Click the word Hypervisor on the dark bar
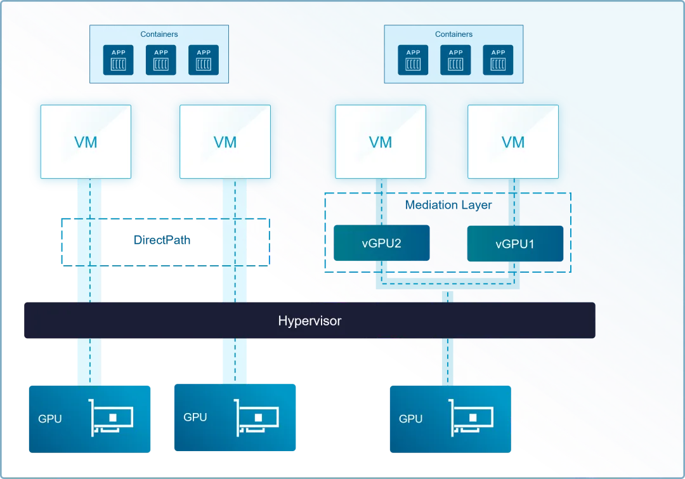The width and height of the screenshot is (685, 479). point(310,321)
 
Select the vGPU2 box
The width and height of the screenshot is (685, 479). point(381,244)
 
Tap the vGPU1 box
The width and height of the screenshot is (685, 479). point(514,244)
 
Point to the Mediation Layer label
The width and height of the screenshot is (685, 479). point(448,205)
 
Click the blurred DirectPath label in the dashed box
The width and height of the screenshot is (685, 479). point(162,240)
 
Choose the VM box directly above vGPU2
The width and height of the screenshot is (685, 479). point(381,141)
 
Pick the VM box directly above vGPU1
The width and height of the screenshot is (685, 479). point(513,141)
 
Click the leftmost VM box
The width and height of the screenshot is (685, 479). point(86,141)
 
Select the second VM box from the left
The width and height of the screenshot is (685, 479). point(225,141)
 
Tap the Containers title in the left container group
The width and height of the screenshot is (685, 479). point(159,34)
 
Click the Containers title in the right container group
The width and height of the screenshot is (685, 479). point(453,34)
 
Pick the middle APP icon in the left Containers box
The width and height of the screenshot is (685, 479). point(161,60)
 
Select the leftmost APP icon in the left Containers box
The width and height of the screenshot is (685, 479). point(119,60)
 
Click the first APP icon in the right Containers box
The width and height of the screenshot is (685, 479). point(414,60)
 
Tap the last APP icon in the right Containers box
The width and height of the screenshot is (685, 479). point(499,60)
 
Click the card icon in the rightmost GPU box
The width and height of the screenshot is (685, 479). point(472,418)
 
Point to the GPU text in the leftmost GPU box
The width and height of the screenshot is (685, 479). point(50,419)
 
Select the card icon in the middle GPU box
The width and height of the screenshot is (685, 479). point(257,417)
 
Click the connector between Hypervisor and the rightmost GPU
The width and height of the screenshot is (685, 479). point(448,362)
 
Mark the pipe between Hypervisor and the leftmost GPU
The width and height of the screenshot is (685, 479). point(89,362)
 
